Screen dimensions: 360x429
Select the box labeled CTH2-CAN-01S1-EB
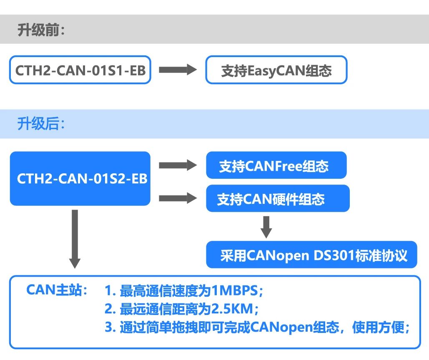click(80, 70)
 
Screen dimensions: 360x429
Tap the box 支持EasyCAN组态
click(276, 70)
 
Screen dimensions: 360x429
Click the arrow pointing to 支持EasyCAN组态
click(178, 70)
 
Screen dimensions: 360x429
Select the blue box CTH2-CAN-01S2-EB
click(80, 178)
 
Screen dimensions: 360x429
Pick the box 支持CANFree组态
click(276, 165)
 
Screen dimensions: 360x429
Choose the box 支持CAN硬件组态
click(278, 199)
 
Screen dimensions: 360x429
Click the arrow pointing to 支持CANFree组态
click(178, 165)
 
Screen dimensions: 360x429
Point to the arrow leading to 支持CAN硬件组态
click(178, 198)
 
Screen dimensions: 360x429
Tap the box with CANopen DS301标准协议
click(311, 255)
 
